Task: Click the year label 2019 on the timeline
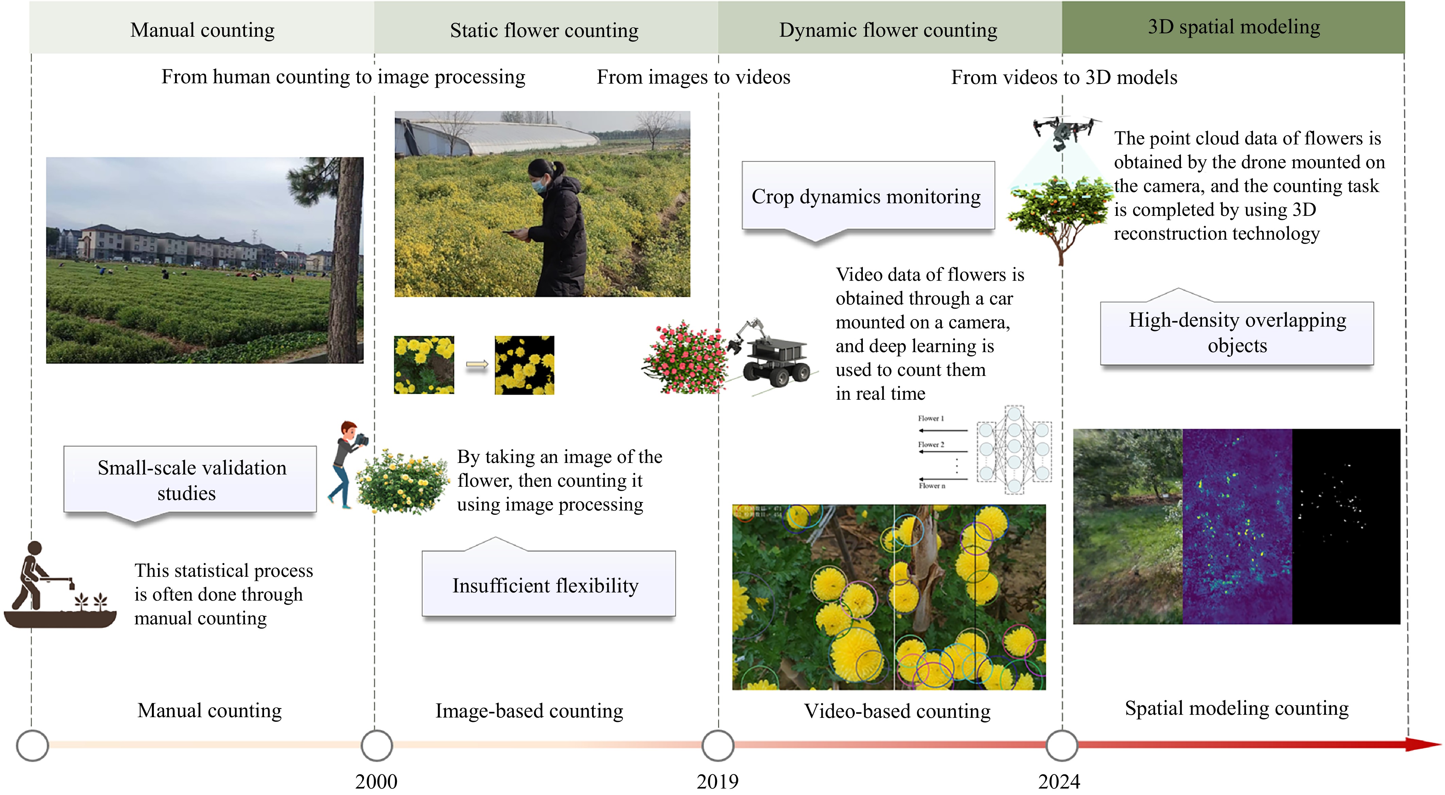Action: pyautogui.click(x=717, y=781)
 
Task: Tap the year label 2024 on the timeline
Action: pyautogui.click(x=1059, y=781)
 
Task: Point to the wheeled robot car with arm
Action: pyautogui.click(x=771, y=353)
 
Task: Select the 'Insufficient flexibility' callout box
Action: pyautogui.click(x=548, y=584)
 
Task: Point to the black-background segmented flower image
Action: pyautogui.click(x=524, y=365)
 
